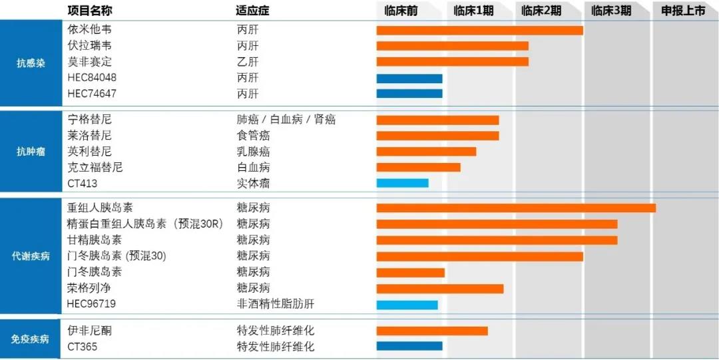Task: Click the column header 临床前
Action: click(x=401, y=11)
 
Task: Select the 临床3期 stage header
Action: click(x=610, y=11)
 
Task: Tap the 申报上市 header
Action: click(x=682, y=11)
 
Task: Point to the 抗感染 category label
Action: click(x=31, y=64)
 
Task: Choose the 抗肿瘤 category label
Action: click(x=31, y=152)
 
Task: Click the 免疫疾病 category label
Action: click(x=31, y=339)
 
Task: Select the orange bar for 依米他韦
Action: click(x=479, y=30)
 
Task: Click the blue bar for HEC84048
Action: click(x=409, y=79)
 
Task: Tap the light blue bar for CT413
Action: click(x=402, y=183)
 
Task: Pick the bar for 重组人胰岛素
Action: click(x=515, y=208)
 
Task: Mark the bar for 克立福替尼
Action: click(x=418, y=167)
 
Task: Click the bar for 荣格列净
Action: click(x=439, y=288)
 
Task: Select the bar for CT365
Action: click(x=409, y=346)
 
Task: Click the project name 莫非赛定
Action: click(x=89, y=62)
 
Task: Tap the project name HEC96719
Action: click(x=92, y=304)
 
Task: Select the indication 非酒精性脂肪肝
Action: click(x=275, y=304)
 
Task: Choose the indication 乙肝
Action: click(x=248, y=62)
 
